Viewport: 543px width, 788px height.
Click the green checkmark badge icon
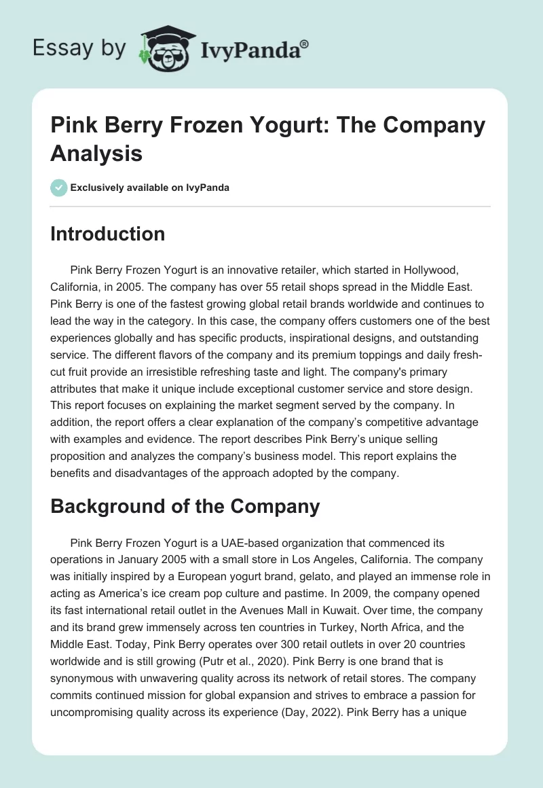pyautogui.click(x=59, y=187)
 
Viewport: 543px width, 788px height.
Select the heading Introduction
pyautogui.click(x=108, y=234)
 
